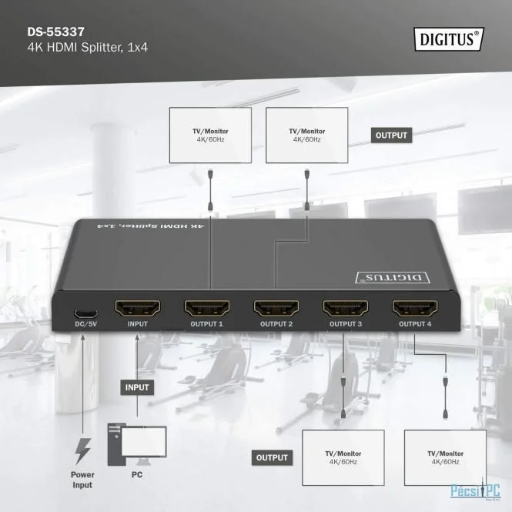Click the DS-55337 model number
coord(56,32)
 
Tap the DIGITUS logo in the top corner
coord(449,38)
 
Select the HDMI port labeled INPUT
coord(138,309)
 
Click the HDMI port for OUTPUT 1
coord(206,309)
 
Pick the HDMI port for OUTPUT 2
coord(276,309)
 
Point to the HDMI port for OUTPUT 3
coord(346,309)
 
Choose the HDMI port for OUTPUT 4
coord(415,309)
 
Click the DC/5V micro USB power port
coord(85,313)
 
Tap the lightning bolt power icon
coord(82,451)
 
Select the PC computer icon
coord(137,444)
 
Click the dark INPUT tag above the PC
coord(137,387)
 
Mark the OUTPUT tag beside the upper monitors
coord(392,136)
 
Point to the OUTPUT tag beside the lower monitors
coord(272,457)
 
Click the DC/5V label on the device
coord(86,324)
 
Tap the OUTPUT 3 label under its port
coord(346,324)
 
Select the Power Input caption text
coord(82,480)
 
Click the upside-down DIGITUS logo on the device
coord(393,277)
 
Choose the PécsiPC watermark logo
coord(476,490)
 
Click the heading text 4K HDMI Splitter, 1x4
coord(88,48)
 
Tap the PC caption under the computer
coord(137,474)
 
